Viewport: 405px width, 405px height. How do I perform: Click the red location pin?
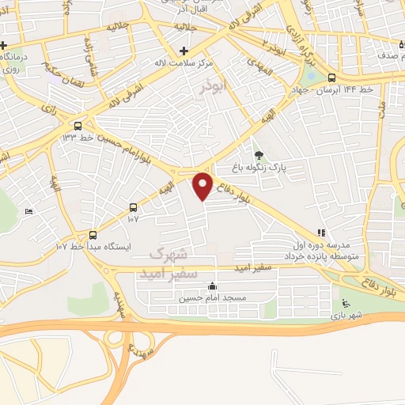pyautogui.click(x=203, y=187)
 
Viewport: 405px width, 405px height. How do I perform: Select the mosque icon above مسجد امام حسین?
pyautogui.click(x=211, y=287)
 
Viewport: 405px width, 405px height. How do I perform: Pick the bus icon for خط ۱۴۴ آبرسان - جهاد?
pyautogui.click(x=331, y=78)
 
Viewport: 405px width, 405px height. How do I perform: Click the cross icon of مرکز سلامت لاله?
pyautogui.click(x=183, y=51)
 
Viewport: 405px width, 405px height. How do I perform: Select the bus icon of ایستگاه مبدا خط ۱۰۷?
pyautogui.click(x=93, y=235)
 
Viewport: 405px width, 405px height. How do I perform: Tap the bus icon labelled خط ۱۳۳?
pyautogui.click(x=78, y=126)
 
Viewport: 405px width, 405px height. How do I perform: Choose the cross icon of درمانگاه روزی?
pyautogui.click(x=6, y=44)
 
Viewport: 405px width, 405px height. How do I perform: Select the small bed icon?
pyautogui.click(x=29, y=211)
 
